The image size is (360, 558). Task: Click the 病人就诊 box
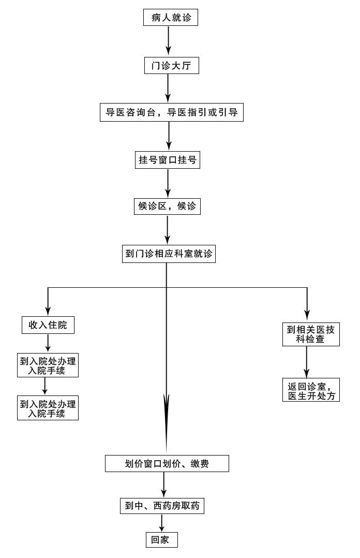pyautogui.click(x=170, y=18)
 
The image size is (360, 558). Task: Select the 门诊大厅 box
pyautogui.click(x=171, y=65)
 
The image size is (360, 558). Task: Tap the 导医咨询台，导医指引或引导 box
pyautogui.click(x=171, y=112)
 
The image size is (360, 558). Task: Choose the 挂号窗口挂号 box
pyautogui.click(x=167, y=160)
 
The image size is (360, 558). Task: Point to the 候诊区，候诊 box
pyautogui.click(x=167, y=206)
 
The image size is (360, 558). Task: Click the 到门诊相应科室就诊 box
pyautogui.click(x=169, y=254)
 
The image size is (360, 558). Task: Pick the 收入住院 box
pyautogui.click(x=48, y=325)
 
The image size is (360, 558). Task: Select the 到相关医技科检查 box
pyautogui.click(x=311, y=334)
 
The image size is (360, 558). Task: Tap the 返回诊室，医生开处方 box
pyautogui.click(x=311, y=390)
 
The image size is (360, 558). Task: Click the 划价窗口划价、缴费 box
pyautogui.click(x=167, y=463)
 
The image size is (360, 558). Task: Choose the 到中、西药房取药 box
pyautogui.click(x=162, y=506)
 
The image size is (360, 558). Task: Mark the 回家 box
pyautogui.click(x=161, y=540)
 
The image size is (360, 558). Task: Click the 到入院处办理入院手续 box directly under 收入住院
pyautogui.click(x=48, y=365)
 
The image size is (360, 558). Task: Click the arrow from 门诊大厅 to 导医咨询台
pyautogui.click(x=168, y=89)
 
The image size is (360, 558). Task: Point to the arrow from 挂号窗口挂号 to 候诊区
pyautogui.click(x=168, y=183)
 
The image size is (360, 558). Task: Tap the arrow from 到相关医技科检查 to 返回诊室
pyautogui.click(x=307, y=362)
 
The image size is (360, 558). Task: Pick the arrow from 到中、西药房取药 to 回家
pyautogui.click(x=162, y=523)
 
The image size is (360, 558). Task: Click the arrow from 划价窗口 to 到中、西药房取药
pyautogui.click(x=163, y=484)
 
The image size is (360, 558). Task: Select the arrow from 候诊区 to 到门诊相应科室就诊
pyautogui.click(x=167, y=229)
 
